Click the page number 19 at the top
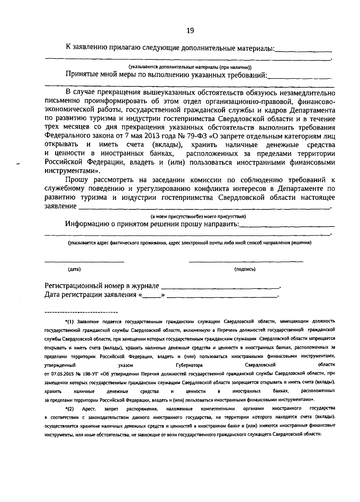[x=190, y=31]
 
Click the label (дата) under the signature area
[x=74, y=269]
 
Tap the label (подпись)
[x=245, y=269]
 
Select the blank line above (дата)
[x=84, y=262]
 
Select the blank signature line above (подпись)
[x=246, y=261]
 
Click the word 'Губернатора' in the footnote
[x=189, y=365]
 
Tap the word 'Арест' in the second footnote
[x=89, y=409]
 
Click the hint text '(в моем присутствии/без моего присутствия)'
[x=198, y=216]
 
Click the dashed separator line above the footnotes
[x=81, y=312]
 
